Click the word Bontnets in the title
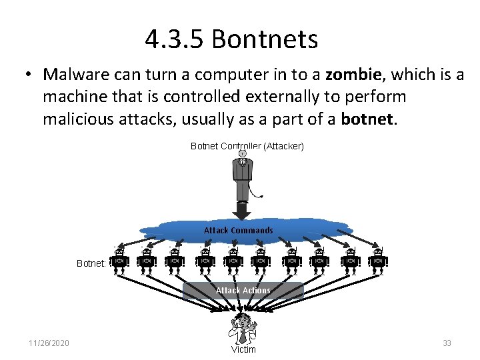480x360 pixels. coord(265,40)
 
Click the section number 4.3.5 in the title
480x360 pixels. coord(175,40)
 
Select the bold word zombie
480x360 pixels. coord(353,75)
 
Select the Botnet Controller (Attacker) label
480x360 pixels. coord(247,145)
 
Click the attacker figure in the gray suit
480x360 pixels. coord(243,175)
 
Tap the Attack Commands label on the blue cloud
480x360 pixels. coord(238,231)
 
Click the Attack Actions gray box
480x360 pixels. coord(243,291)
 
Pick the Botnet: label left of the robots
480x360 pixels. coord(91,263)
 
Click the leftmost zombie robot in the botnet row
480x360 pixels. coord(119,261)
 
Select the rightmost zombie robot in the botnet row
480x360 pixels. coord(377,261)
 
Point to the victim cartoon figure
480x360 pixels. coord(243,329)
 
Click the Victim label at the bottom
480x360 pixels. coord(243,349)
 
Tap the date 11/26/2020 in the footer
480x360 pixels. coord(49,343)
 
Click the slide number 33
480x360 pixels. coord(447,343)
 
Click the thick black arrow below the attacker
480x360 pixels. coord(243,210)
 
